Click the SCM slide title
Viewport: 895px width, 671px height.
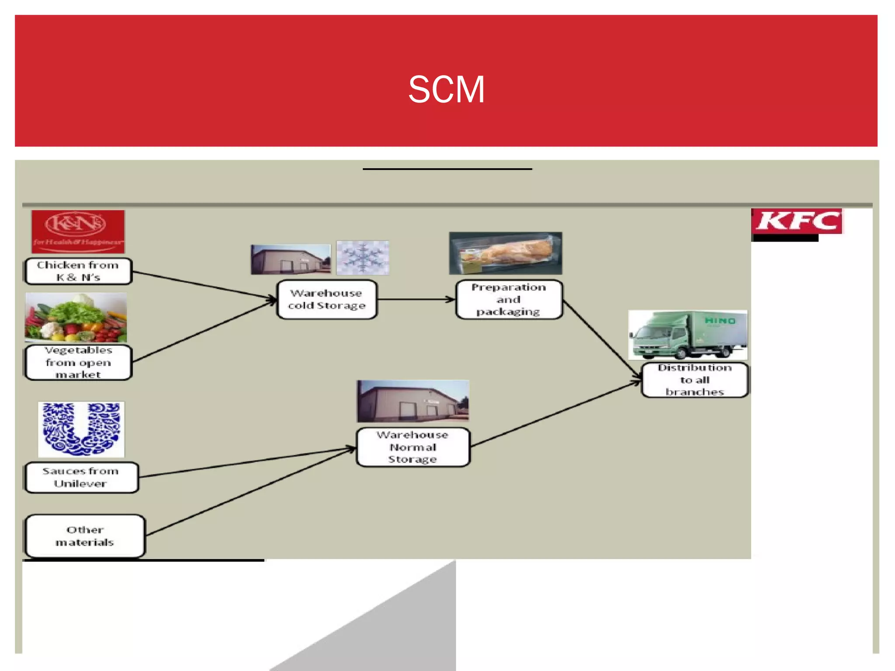coord(446,90)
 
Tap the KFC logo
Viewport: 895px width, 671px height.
coord(797,221)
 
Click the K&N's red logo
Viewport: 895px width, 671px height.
coord(78,232)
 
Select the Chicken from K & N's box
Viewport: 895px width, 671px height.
coord(78,271)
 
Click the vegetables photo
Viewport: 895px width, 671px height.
coord(76,318)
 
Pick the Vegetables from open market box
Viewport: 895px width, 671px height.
coord(78,363)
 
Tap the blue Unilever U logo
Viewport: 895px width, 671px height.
coord(81,429)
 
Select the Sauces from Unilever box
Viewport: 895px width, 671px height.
coord(81,477)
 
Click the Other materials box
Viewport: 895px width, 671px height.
coord(85,536)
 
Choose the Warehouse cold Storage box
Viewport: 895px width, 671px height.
coord(327,300)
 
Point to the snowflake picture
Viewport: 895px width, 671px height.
coord(363,258)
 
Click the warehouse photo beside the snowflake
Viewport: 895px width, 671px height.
coord(291,259)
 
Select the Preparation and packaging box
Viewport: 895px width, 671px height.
coord(509,300)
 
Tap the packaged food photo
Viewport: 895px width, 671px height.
coord(506,253)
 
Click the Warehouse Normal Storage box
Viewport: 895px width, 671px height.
coord(413,447)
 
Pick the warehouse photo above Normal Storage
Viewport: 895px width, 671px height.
coord(413,401)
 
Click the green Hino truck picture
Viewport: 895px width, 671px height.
coord(688,335)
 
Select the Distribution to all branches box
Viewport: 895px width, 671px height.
coord(694,380)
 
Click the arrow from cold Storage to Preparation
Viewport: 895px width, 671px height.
coord(415,300)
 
